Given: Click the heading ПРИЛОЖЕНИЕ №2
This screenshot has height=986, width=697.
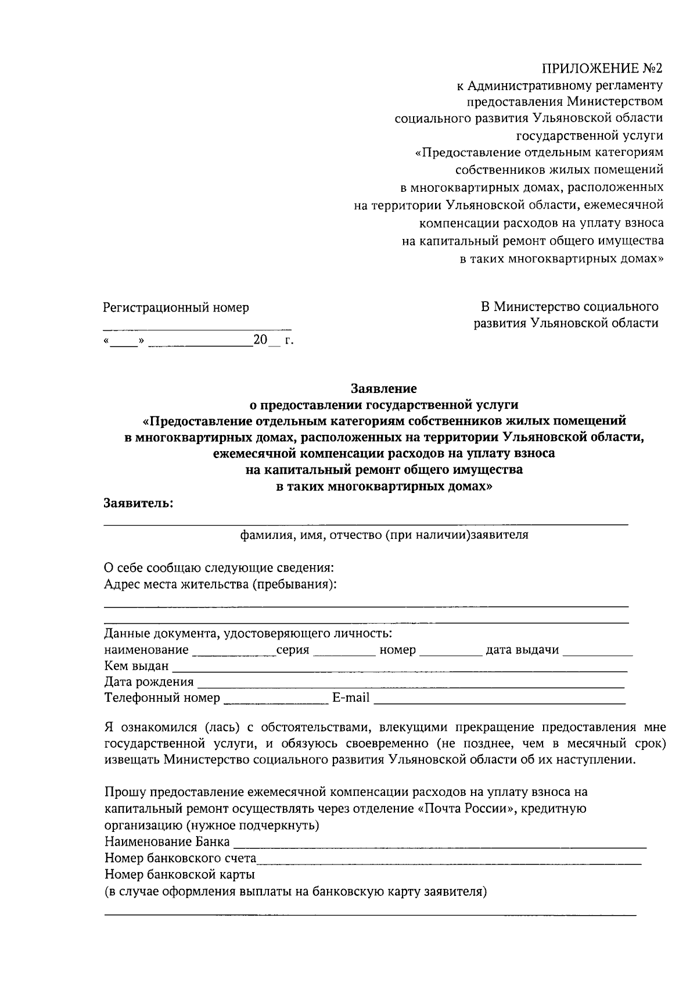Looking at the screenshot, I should (602, 69).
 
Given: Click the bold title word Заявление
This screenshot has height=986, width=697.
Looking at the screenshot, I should (383, 387).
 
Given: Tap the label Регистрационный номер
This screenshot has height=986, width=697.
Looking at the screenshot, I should (176, 308).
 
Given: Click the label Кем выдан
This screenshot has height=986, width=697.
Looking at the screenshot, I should (136, 666).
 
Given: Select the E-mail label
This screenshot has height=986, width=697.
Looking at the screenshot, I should (351, 698).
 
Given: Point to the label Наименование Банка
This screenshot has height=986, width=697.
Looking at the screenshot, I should (167, 842).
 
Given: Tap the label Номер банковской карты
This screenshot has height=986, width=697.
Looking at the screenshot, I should (179, 874).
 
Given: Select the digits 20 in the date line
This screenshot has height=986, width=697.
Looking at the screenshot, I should (260, 340).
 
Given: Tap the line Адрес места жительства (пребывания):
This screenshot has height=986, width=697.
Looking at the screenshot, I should (220, 584).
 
